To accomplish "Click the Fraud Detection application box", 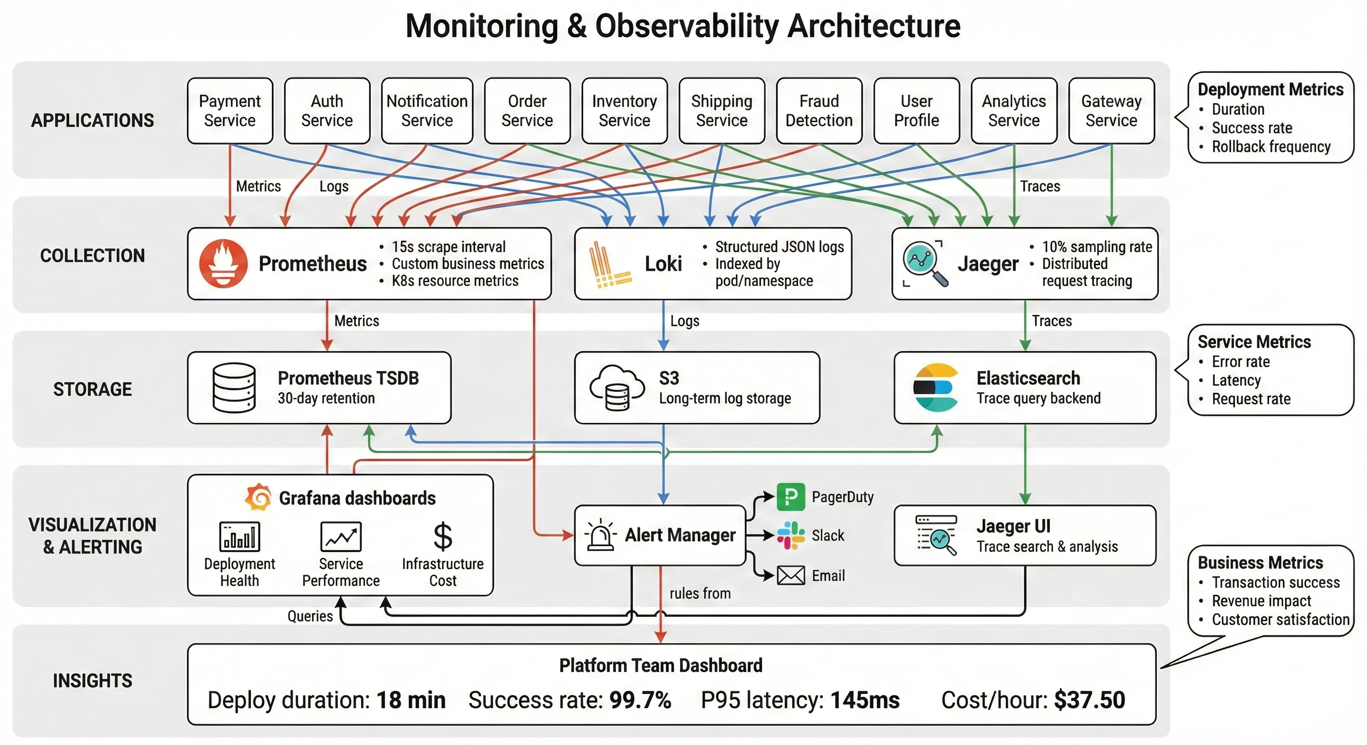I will (819, 111).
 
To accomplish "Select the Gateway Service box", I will (1111, 111).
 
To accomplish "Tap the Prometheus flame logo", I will (223, 263).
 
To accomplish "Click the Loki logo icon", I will (609, 265).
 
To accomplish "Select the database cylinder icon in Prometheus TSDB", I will (233, 388).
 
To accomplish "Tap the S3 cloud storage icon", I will (617, 388).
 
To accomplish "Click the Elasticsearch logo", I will (936, 388).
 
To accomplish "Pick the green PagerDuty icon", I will (791, 497).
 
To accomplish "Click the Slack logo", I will (791, 535).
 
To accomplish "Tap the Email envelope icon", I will (791, 575).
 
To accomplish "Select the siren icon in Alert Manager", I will (600, 534).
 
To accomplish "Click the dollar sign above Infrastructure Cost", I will (443, 536).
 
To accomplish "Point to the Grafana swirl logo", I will (258, 497).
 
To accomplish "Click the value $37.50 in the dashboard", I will (1089, 700).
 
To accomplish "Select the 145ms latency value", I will (865, 700).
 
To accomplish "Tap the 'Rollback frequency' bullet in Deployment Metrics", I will (1270, 146).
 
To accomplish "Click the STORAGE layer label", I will (92, 389).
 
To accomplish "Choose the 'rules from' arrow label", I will (700, 593).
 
